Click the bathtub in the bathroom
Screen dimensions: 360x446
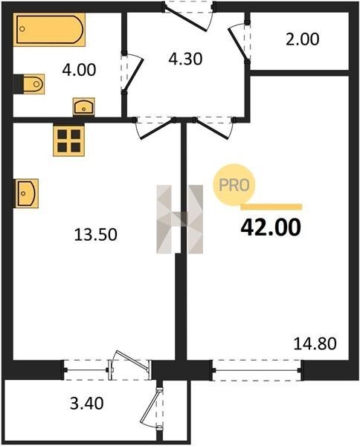[49, 29]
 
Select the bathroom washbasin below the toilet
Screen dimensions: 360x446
[83, 106]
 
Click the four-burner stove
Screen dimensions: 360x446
[68, 140]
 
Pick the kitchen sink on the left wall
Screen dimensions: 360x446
[26, 193]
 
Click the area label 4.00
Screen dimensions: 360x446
[79, 70]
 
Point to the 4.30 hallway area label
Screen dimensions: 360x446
[185, 59]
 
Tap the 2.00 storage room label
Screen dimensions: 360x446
[302, 39]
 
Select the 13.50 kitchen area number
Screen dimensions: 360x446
[96, 235]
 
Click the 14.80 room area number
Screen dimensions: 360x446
[315, 343]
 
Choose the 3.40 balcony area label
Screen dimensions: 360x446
[87, 404]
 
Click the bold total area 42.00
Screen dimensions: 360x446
[271, 227]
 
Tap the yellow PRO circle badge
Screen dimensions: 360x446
[234, 185]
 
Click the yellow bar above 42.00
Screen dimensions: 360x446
[271, 207]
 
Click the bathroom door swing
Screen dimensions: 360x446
[132, 73]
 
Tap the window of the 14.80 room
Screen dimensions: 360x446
[257, 370]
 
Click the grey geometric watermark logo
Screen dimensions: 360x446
[179, 219]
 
